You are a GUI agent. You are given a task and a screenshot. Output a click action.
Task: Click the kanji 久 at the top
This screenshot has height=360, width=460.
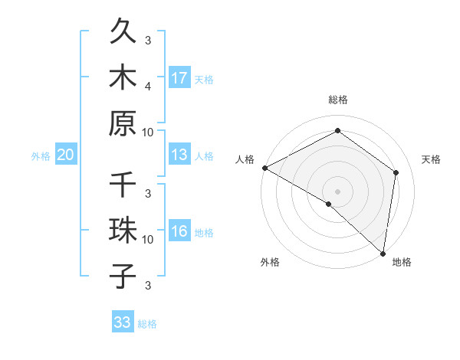click(x=123, y=34)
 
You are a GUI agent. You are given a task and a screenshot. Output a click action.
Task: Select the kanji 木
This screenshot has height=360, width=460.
click(x=123, y=79)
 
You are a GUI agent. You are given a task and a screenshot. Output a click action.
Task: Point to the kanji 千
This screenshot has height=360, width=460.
click(x=123, y=186)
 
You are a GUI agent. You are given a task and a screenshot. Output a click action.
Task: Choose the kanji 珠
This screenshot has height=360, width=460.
click(x=123, y=232)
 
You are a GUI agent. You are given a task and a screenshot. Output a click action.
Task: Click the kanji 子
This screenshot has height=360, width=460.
click(x=123, y=276)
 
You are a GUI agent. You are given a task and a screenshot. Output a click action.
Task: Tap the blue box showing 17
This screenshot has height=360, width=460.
click(x=179, y=77)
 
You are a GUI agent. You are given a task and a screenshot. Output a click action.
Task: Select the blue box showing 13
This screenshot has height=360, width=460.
click(x=179, y=155)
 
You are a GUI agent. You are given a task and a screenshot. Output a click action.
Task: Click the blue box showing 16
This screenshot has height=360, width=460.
click(x=179, y=231)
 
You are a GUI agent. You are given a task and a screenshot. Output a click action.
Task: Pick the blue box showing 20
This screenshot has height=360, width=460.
click(x=66, y=155)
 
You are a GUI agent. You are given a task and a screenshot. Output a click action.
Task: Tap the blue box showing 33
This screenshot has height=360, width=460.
click(x=123, y=322)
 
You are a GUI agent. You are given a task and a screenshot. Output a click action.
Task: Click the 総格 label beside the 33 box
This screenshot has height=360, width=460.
click(x=147, y=324)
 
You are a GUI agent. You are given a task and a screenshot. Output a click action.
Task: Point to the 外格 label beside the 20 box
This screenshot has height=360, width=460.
click(x=41, y=156)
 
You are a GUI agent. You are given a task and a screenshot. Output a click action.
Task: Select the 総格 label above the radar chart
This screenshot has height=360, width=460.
click(x=338, y=100)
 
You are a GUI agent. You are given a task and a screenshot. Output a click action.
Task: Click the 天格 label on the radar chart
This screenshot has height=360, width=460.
click(x=432, y=159)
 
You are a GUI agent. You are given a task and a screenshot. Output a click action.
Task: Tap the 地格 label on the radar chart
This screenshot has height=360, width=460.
click(x=402, y=263)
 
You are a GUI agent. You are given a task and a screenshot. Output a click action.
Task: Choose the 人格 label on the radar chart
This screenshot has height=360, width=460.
click(x=245, y=159)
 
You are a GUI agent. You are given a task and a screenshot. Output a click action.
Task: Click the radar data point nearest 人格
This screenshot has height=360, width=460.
click(x=264, y=168)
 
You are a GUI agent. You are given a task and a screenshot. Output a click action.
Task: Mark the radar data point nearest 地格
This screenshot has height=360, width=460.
click(x=382, y=252)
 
